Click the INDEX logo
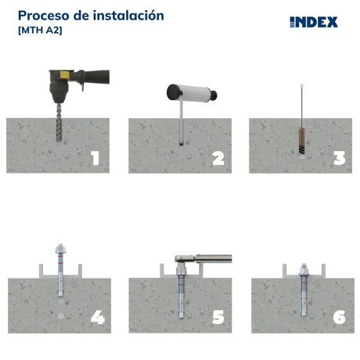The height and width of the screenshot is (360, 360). pyautogui.click(x=314, y=22)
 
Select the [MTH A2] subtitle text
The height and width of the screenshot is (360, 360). pyautogui.click(x=40, y=31)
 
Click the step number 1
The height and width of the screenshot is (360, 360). pyautogui.click(x=95, y=158)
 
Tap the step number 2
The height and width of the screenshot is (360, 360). pyautogui.click(x=218, y=159)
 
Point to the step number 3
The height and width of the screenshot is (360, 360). pyautogui.click(x=340, y=158)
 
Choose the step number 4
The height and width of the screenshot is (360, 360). pyautogui.click(x=98, y=318)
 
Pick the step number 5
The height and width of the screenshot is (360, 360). pyautogui.click(x=218, y=318)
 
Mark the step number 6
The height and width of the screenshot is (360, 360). pyautogui.click(x=339, y=318)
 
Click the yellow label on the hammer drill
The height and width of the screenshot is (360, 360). pyautogui.click(x=65, y=75)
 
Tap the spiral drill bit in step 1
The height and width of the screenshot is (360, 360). pyautogui.click(x=59, y=122)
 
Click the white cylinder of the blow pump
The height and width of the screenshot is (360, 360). pyautogui.click(x=194, y=93)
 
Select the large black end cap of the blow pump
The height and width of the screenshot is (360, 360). pyautogui.click(x=174, y=92)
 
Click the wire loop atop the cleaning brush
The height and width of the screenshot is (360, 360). pyautogui.click(x=302, y=87)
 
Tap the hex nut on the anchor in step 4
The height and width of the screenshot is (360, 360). pyautogui.click(x=60, y=249)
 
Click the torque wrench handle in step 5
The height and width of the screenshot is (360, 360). pyautogui.click(x=214, y=258)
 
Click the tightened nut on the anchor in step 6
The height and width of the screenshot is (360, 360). pyautogui.click(x=304, y=271)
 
